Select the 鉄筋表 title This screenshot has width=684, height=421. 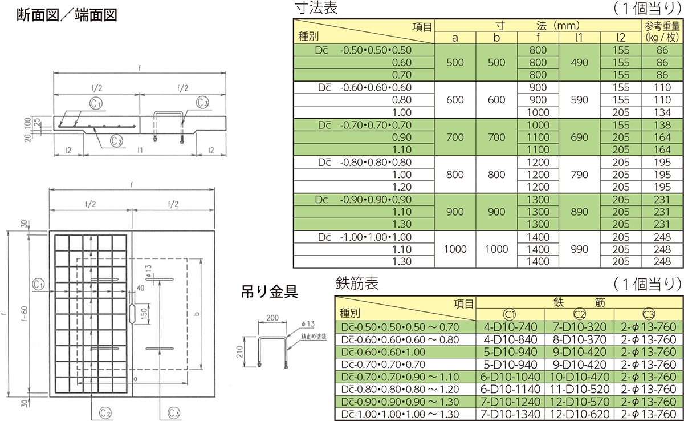pyautogui.click(x=357, y=283)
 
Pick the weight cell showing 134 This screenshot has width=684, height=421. pyautogui.click(x=662, y=112)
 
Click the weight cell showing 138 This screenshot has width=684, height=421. pyautogui.click(x=662, y=125)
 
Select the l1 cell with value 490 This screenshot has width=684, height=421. pyautogui.click(x=579, y=63)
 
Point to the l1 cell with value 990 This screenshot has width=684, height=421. pyautogui.click(x=579, y=249)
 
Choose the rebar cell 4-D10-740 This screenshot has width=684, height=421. pyautogui.click(x=511, y=327)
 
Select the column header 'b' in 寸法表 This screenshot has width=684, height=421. pyautogui.click(x=496, y=38)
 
